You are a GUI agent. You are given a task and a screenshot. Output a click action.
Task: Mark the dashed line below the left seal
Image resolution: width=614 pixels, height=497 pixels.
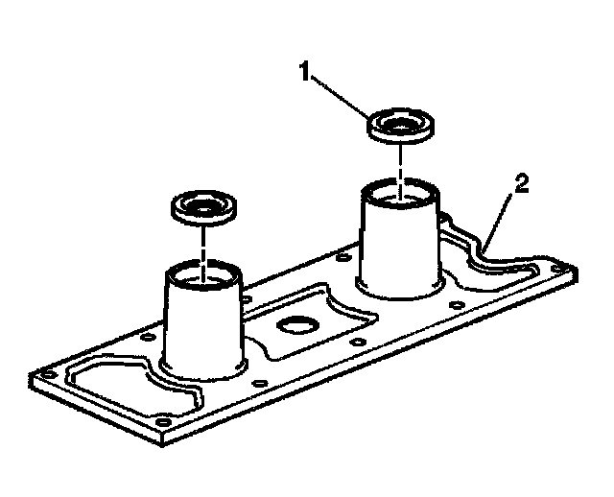point(202,245)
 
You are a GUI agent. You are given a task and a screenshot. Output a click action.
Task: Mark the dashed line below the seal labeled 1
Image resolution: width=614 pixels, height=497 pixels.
point(401,163)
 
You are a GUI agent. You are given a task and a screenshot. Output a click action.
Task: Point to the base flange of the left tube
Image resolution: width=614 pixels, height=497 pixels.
point(203,373)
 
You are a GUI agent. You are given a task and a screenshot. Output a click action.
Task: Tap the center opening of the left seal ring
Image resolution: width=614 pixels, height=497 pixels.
point(201,204)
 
